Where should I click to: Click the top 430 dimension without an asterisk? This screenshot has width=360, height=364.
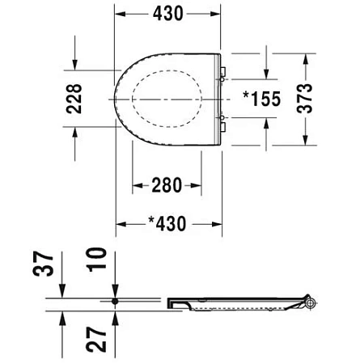(x=169, y=14)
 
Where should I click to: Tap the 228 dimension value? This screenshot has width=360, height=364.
(x=73, y=98)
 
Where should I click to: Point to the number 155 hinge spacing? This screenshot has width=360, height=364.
(x=266, y=98)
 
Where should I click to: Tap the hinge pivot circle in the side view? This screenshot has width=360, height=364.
(x=311, y=303)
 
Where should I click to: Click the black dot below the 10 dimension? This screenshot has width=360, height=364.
(x=116, y=300)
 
